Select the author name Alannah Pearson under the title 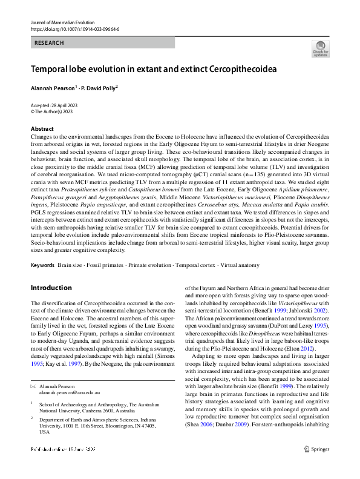point(51,88)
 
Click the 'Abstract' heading point(42,129)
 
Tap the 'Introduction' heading point(51,288)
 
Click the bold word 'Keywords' point(42,265)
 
